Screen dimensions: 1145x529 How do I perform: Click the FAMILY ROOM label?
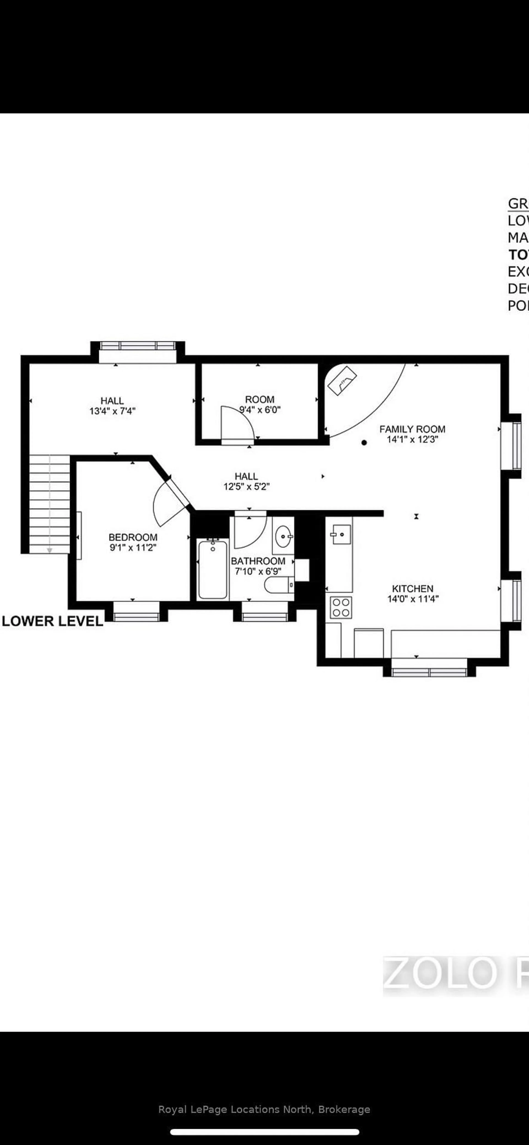point(412,429)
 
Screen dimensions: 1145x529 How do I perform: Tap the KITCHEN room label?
point(413,588)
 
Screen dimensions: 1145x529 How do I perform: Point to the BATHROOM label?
point(258,561)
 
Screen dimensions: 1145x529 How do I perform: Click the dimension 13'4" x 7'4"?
point(112,411)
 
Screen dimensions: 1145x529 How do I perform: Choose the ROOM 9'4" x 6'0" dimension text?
point(260,410)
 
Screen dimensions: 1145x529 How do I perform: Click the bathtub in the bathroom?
point(213,569)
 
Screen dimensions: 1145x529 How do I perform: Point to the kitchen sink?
point(341,534)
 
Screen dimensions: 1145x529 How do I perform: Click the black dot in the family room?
point(364,443)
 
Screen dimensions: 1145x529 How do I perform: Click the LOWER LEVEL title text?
point(52,621)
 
